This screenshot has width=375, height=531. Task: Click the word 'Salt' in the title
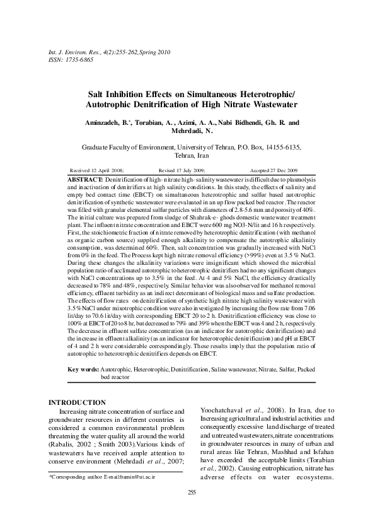point(96,93)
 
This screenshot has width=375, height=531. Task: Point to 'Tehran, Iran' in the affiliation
point(187,155)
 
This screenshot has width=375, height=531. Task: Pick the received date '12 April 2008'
point(108,170)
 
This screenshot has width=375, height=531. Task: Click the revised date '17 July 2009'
point(192,170)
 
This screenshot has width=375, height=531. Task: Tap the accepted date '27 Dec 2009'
point(284,170)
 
